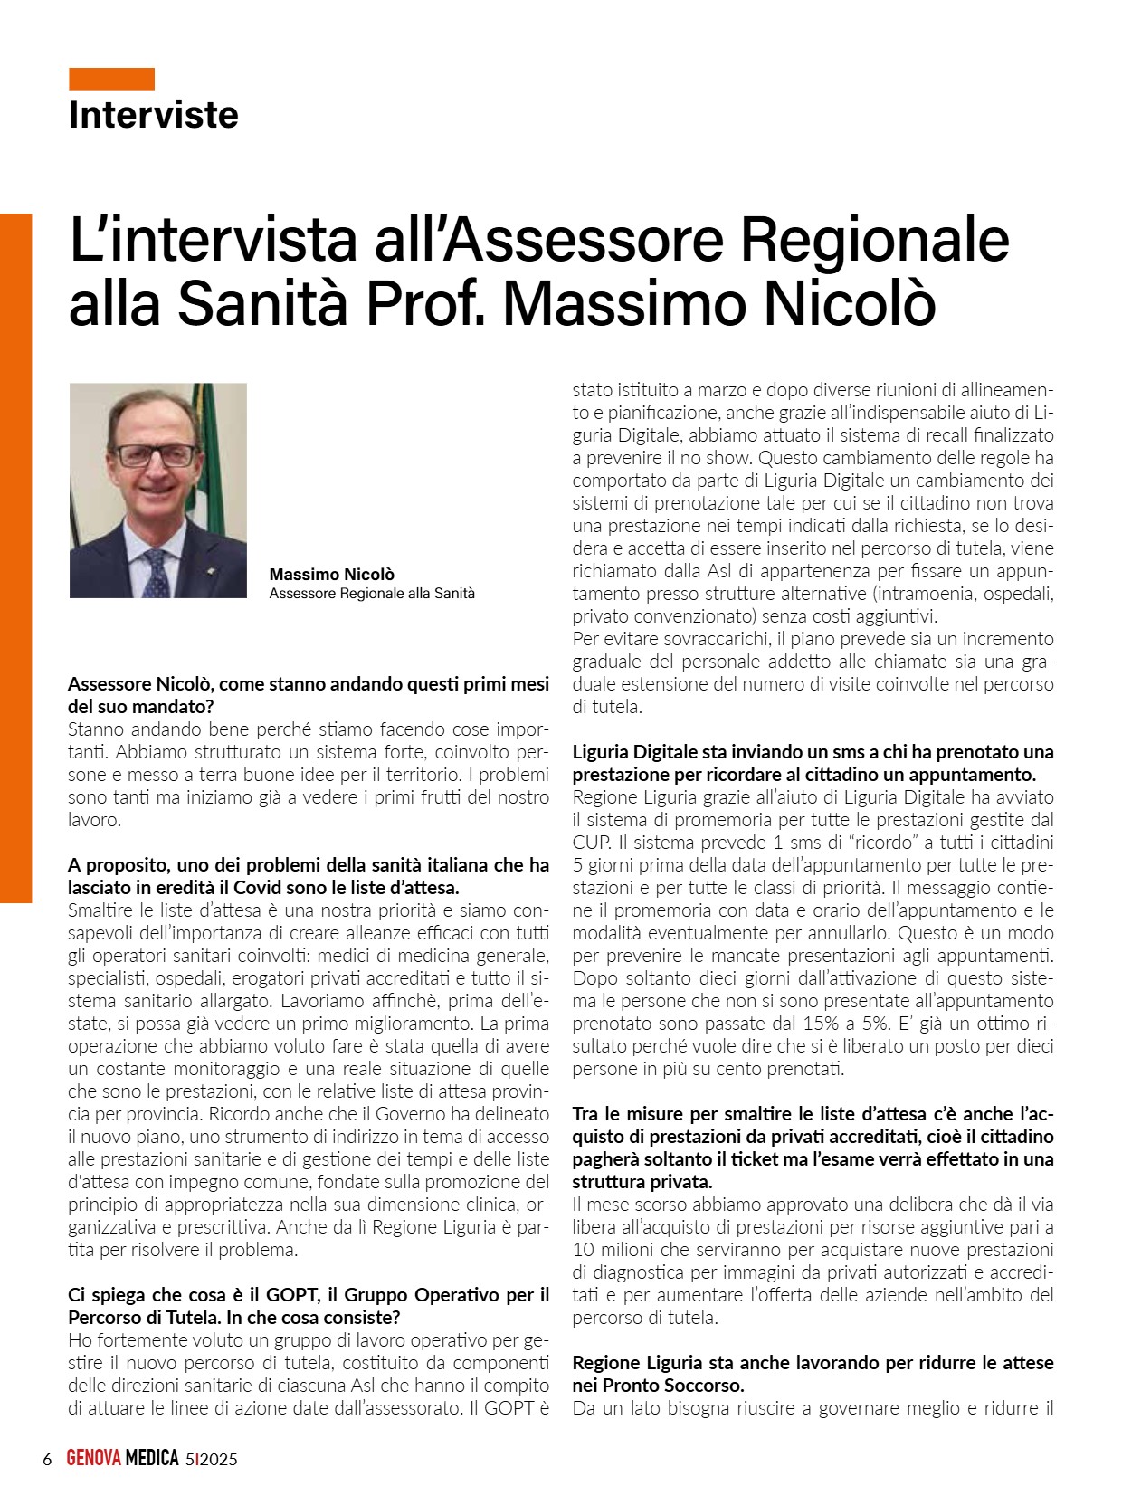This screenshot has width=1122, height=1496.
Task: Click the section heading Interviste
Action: tap(153, 115)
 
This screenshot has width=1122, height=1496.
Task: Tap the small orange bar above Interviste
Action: tap(111, 79)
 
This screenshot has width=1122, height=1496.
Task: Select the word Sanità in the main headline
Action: tap(262, 303)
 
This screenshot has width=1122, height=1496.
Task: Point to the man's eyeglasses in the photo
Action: tap(156, 454)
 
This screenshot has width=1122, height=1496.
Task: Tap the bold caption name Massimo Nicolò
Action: tap(331, 575)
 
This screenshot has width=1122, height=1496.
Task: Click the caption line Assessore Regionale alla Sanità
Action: tap(372, 594)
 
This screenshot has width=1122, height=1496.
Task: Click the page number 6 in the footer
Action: tap(47, 1459)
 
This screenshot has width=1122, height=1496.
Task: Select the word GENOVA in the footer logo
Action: tap(93, 1459)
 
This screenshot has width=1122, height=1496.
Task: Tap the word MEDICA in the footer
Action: tap(151, 1459)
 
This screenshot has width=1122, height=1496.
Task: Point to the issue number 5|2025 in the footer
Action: tap(211, 1459)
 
